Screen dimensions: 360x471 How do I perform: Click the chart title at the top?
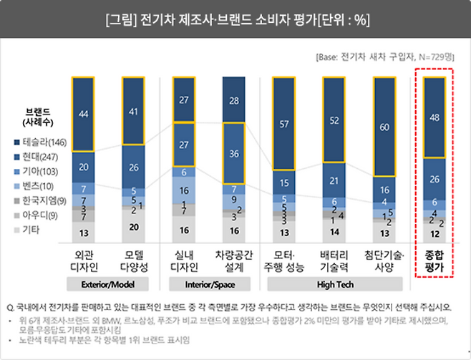click(x=235, y=19)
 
